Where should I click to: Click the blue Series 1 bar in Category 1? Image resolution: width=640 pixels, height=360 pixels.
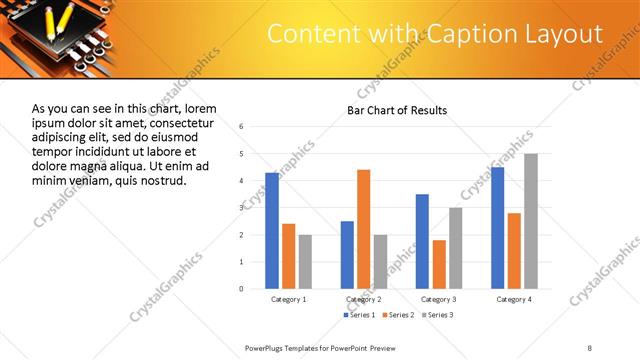click(x=272, y=230)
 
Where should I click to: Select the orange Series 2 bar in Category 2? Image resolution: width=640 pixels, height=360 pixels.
click(x=363, y=229)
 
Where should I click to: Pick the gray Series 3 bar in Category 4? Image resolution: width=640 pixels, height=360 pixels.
click(x=531, y=221)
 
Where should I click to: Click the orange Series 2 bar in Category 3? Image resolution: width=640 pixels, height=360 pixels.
click(x=439, y=264)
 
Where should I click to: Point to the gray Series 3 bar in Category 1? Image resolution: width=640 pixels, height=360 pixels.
click(x=305, y=261)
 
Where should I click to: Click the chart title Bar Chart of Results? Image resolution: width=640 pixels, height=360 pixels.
click(x=397, y=110)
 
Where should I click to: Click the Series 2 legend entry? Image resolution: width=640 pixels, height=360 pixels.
click(x=397, y=315)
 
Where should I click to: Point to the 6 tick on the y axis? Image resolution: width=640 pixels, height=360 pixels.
click(x=242, y=127)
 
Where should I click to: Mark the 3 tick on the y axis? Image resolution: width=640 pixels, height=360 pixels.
click(x=242, y=208)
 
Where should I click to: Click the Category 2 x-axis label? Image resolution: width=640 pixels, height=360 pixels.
click(x=364, y=299)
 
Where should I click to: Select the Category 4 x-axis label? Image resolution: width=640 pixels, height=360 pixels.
click(x=514, y=299)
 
